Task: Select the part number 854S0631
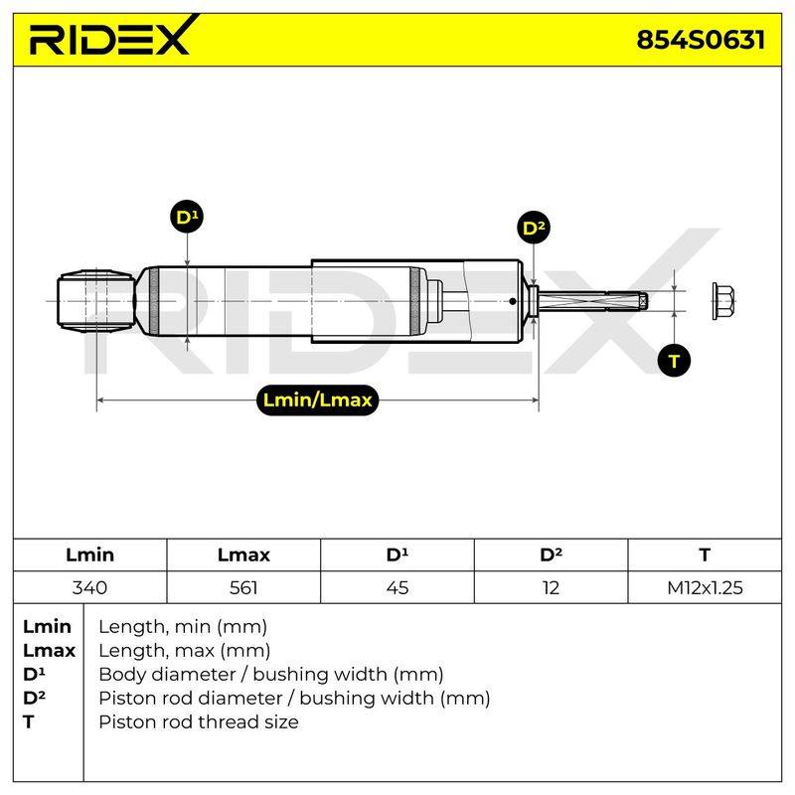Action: click(701, 40)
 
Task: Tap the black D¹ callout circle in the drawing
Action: click(187, 217)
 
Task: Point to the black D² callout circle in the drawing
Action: click(534, 228)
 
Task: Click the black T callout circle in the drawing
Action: click(674, 361)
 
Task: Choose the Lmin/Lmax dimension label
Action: click(317, 400)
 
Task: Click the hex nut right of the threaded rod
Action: click(723, 301)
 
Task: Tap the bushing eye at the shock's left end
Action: click(95, 301)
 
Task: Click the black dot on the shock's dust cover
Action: click(513, 301)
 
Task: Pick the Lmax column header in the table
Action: click(243, 555)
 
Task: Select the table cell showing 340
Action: click(89, 587)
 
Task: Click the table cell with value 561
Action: click(243, 587)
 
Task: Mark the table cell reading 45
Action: click(397, 587)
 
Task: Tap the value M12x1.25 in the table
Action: click(705, 587)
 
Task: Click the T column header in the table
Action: click(705, 555)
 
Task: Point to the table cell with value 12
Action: click(551, 587)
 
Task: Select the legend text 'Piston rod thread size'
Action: click(198, 721)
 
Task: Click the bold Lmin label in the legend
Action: click(47, 627)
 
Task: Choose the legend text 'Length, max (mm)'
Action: click(184, 651)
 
